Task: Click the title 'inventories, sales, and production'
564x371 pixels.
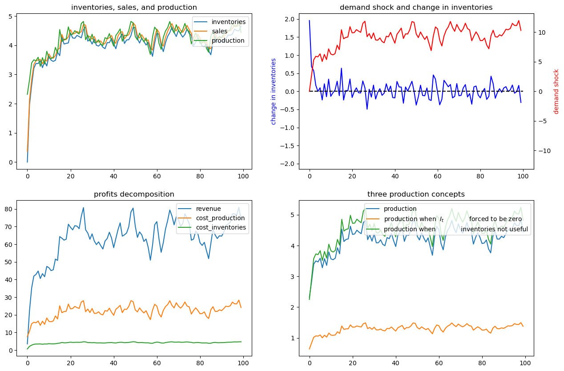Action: click(x=134, y=7)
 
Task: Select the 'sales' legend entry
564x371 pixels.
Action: click(x=221, y=31)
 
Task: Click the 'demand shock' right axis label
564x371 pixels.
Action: click(x=556, y=91)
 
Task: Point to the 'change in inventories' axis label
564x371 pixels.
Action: click(x=274, y=91)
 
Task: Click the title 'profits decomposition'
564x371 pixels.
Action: click(x=134, y=194)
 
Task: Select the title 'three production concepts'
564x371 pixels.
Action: click(x=416, y=194)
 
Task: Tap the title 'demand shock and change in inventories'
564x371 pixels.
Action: click(x=416, y=7)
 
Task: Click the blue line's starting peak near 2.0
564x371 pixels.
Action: click(x=310, y=20)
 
